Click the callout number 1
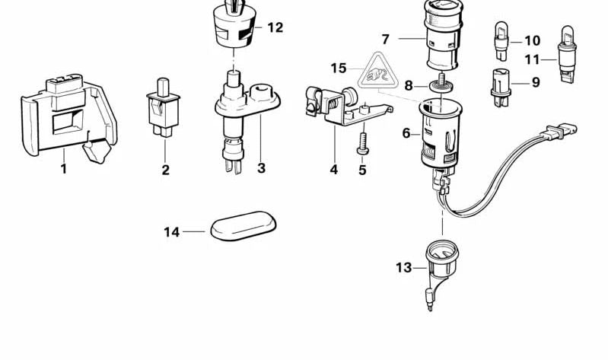[64, 169]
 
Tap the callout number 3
[261, 167]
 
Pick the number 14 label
[172, 231]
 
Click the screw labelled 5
[361, 144]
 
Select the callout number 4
[333, 170]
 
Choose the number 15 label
[339, 68]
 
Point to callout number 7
[386, 38]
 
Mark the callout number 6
[406, 133]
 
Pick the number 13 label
[403, 267]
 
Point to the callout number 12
[275, 27]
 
